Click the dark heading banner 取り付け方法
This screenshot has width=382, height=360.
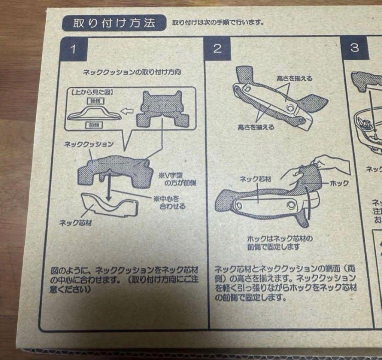(x=114, y=24)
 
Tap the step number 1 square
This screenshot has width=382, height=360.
(x=73, y=49)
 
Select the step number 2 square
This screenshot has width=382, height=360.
(x=217, y=48)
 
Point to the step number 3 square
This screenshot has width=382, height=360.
(x=354, y=48)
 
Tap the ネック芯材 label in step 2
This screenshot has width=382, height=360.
(x=255, y=179)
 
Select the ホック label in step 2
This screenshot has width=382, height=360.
(x=339, y=183)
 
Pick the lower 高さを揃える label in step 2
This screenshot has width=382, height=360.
(x=255, y=127)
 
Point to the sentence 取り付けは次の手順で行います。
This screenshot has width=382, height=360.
(x=218, y=23)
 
